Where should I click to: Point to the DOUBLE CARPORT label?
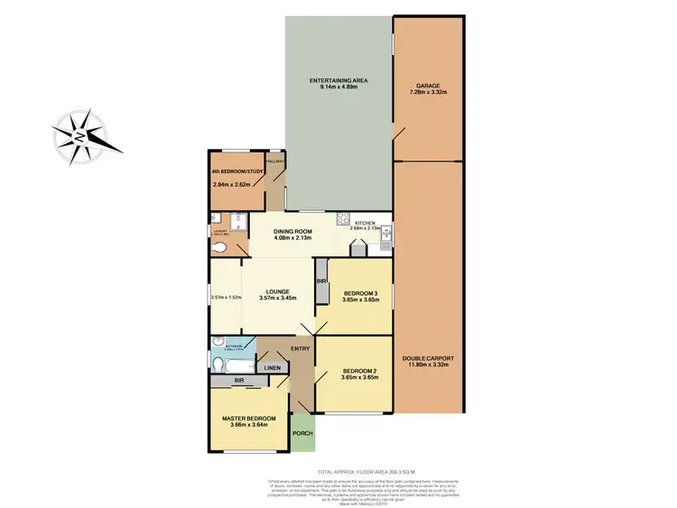[429, 358]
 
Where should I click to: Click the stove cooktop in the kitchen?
[343, 217]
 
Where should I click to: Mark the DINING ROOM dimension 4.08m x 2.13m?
[292, 238]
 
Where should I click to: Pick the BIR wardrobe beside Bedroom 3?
[320, 282]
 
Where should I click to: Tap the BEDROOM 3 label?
[360, 293]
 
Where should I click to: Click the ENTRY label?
[300, 348]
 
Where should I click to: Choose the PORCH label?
[302, 434]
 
